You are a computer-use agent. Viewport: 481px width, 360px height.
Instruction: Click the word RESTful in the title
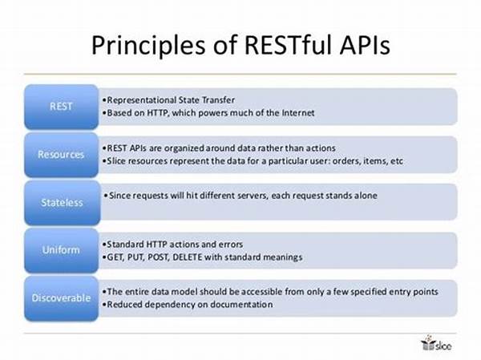pyautogui.click(x=287, y=45)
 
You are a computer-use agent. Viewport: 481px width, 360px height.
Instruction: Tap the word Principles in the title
pyautogui.click(x=148, y=47)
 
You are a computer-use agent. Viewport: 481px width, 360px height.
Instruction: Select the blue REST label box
pyautogui.click(x=62, y=107)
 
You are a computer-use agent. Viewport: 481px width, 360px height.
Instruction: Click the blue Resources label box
pyautogui.click(x=62, y=155)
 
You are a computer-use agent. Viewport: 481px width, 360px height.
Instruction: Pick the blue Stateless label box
pyautogui.click(x=63, y=203)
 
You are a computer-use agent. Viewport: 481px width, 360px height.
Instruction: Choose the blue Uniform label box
pyautogui.click(x=62, y=250)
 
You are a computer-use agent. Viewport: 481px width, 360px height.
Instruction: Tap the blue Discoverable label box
pyautogui.click(x=62, y=298)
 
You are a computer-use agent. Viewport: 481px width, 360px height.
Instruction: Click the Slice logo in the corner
pyautogui.click(x=436, y=343)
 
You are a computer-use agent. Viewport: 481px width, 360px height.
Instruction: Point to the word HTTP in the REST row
pyautogui.click(x=157, y=113)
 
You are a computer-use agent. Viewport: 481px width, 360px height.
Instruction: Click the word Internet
pyautogui.click(x=298, y=113)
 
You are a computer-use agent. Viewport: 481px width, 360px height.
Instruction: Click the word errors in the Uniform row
pyautogui.click(x=230, y=245)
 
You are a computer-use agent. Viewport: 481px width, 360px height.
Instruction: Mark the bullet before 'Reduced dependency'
pyautogui.click(x=104, y=305)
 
